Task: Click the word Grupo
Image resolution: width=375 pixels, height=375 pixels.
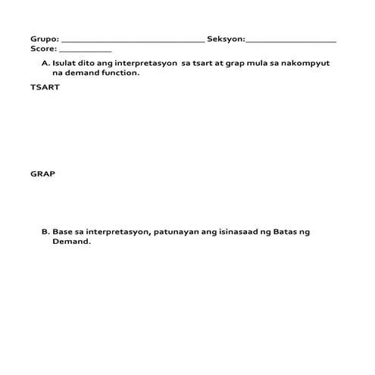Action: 43,39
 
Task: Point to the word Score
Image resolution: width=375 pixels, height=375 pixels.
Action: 42,48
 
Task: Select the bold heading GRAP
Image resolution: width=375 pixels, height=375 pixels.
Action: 42,173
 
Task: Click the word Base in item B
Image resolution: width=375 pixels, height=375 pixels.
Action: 64,232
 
